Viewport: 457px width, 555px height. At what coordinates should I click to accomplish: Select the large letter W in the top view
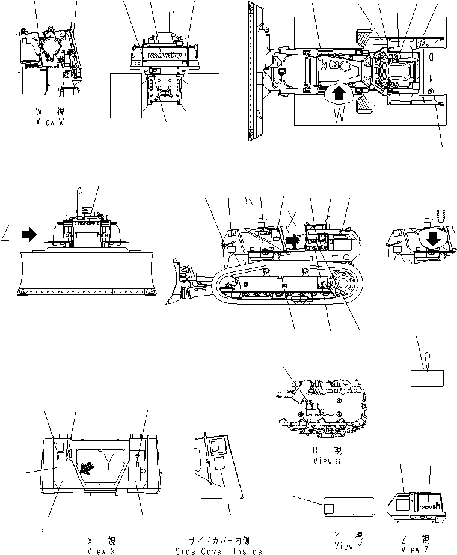pyautogui.click(x=339, y=114)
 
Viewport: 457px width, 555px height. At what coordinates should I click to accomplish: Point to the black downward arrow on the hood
pyautogui.click(x=432, y=239)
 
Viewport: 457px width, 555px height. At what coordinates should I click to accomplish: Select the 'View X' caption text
pyautogui.click(x=96, y=550)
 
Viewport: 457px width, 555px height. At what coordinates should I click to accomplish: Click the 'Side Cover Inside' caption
pyautogui.click(x=218, y=551)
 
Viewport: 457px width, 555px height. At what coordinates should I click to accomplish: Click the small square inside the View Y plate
pyautogui.click(x=329, y=508)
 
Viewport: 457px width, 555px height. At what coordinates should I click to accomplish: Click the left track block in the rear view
pyautogui.click(x=127, y=96)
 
